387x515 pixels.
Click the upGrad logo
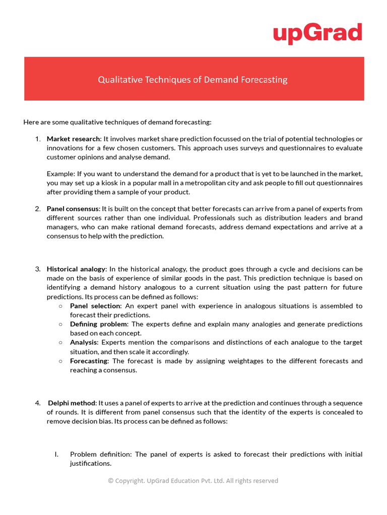pyautogui.click(x=317, y=33)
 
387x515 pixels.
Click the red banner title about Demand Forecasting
pyautogui.click(x=192, y=79)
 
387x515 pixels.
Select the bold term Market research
pyautogui.click(x=74, y=139)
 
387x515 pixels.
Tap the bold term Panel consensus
pyautogui.click(x=74, y=209)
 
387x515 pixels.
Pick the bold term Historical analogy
pyautogui.click(x=76, y=269)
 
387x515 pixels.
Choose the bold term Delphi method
pyautogui.click(x=72, y=403)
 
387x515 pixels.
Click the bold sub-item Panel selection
pyautogui.click(x=95, y=306)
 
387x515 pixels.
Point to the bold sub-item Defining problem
pyautogui.click(x=99, y=324)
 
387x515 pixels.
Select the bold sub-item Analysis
pyautogui.click(x=84, y=342)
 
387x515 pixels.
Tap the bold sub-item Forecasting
pyautogui.click(x=89, y=361)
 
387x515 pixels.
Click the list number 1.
pyautogui.click(x=38, y=139)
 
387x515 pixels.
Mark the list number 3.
pyautogui.click(x=38, y=269)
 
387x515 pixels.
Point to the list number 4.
pyautogui.click(x=38, y=403)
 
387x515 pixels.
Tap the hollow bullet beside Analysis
pyautogui.click(x=60, y=342)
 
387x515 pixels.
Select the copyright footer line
pyautogui.click(x=193, y=481)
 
